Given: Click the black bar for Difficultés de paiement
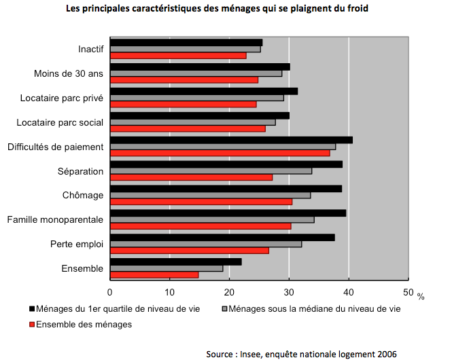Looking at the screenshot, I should [231, 140].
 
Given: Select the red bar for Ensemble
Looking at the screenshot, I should [154, 274].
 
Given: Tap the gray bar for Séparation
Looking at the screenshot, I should [211, 170].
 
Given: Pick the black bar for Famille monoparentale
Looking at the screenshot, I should [228, 213].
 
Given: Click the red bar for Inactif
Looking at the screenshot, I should [178, 55].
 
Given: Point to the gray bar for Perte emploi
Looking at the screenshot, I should [205, 244].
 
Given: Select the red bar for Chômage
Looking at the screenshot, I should [201, 202].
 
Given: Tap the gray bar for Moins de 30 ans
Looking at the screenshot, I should [196, 73].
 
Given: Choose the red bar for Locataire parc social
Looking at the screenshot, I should [188, 128].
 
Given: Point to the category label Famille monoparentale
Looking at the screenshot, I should [55, 220].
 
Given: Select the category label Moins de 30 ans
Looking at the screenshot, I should [69, 73].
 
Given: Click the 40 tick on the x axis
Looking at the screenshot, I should [349, 292].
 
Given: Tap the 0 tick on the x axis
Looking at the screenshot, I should [110, 292].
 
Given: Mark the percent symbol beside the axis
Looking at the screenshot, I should [421, 296].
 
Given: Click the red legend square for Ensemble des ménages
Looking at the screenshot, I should [31, 325].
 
